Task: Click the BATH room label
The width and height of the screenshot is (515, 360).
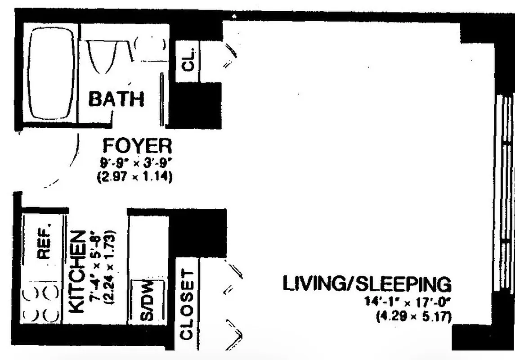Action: click(116, 99)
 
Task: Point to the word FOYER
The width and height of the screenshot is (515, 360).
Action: click(137, 146)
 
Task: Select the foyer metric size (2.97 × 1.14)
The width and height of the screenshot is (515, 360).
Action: click(135, 177)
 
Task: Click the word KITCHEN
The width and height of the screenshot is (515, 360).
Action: click(78, 272)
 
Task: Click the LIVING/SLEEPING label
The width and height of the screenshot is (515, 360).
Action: click(366, 284)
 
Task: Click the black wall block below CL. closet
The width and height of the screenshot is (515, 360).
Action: click(197, 106)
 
